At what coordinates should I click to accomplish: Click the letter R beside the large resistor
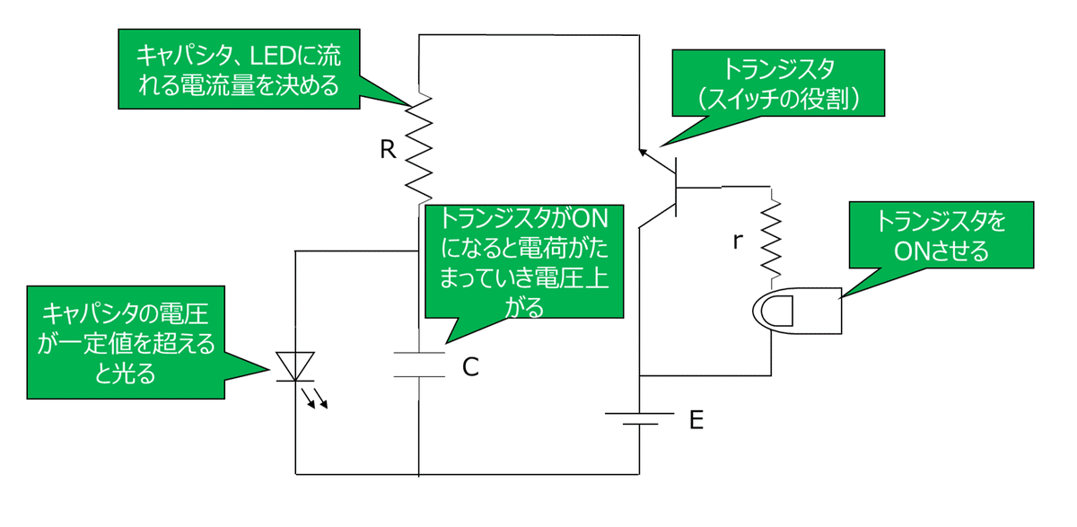(388, 150)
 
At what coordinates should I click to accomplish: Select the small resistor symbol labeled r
(771, 239)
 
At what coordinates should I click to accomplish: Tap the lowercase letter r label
(738, 241)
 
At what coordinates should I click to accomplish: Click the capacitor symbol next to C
(419, 365)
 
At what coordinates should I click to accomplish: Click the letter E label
(695, 418)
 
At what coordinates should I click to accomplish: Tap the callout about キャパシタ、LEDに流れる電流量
(237, 71)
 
